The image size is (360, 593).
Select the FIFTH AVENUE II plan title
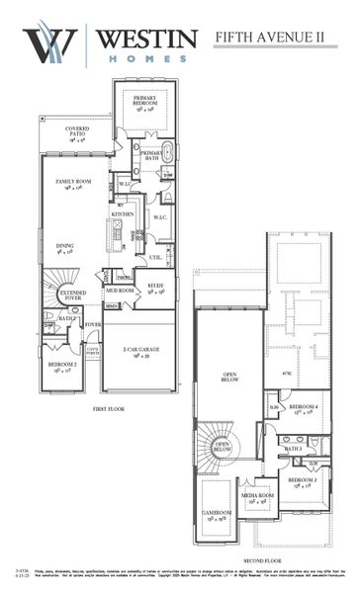pyautogui.click(x=276, y=39)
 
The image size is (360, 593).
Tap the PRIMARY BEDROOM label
pyautogui.click(x=145, y=101)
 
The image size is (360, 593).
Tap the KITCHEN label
pyautogui.click(x=122, y=213)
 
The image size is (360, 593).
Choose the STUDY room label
pyautogui.click(x=154, y=289)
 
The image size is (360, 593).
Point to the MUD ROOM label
pyautogui.click(x=120, y=291)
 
